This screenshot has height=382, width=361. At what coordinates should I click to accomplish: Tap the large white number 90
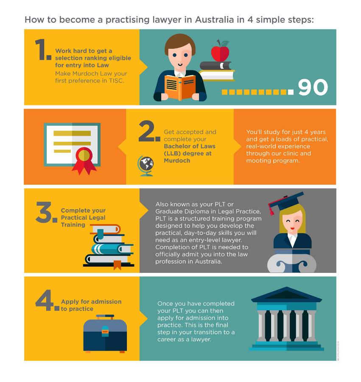pyautogui.click(x=313, y=87)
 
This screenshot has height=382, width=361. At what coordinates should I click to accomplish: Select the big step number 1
pyautogui.click(x=43, y=50)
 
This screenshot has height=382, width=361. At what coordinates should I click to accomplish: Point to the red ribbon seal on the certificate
pyautogui.click(x=84, y=160)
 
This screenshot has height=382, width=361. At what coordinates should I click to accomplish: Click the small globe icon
pyautogui.click(x=146, y=166)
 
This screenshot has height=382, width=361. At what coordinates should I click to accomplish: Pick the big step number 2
pyautogui.click(x=149, y=131)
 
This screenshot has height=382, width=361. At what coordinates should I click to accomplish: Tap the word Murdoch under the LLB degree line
pyautogui.click(x=177, y=160)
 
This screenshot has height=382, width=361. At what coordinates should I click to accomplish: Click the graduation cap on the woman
pyautogui.click(x=287, y=201)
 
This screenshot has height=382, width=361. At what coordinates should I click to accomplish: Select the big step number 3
pyautogui.click(x=46, y=212)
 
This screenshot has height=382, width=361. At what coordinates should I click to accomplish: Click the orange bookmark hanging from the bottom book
pyautogui.click(x=118, y=265)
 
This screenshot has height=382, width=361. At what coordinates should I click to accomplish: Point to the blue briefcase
pyautogui.click(x=105, y=334)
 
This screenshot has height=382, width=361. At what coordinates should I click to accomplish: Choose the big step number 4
pyautogui.click(x=47, y=301)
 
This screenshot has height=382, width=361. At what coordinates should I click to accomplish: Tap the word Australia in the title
pyautogui.click(x=215, y=20)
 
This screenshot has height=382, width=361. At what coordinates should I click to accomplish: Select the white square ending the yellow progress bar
pyautogui.click(x=291, y=92)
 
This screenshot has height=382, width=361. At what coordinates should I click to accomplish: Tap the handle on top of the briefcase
pyautogui.click(x=105, y=317)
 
